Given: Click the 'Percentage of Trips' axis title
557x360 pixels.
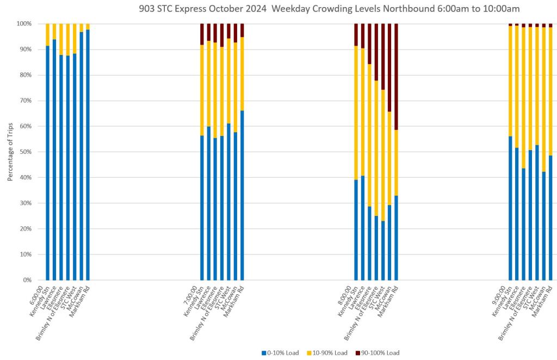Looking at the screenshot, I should tap(10, 152).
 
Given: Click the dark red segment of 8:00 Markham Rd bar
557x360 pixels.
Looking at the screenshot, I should tap(397, 76).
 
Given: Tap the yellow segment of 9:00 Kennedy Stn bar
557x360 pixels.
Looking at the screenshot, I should tap(511, 82).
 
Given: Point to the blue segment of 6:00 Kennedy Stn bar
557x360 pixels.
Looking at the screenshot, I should tap(48, 163).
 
